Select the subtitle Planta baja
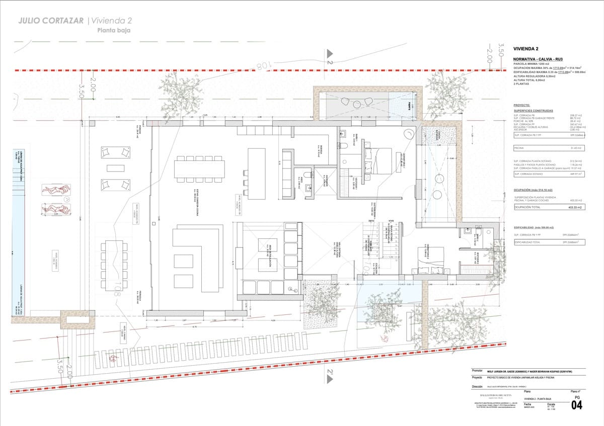(x=114, y=30)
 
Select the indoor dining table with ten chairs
(x=200, y=168)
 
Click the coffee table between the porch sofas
(x=116, y=167)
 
